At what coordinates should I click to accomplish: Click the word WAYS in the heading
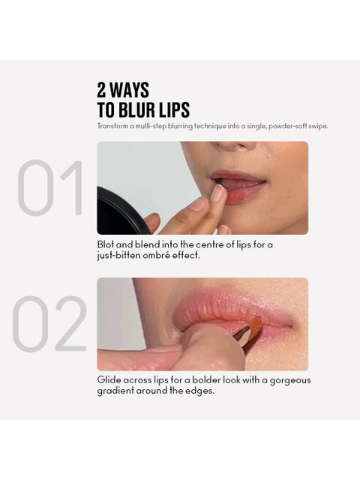tap(129, 90)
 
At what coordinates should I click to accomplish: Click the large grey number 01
tap(50, 187)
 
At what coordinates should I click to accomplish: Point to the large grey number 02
tap(49, 323)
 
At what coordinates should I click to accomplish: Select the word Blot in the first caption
tap(105, 244)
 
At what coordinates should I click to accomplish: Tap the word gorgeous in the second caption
tap(290, 380)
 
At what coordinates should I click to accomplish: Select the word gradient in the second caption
tap(115, 391)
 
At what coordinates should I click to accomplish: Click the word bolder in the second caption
tap(206, 380)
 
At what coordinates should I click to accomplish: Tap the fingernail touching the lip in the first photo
tap(218, 193)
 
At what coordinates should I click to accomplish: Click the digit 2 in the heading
tap(102, 90)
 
